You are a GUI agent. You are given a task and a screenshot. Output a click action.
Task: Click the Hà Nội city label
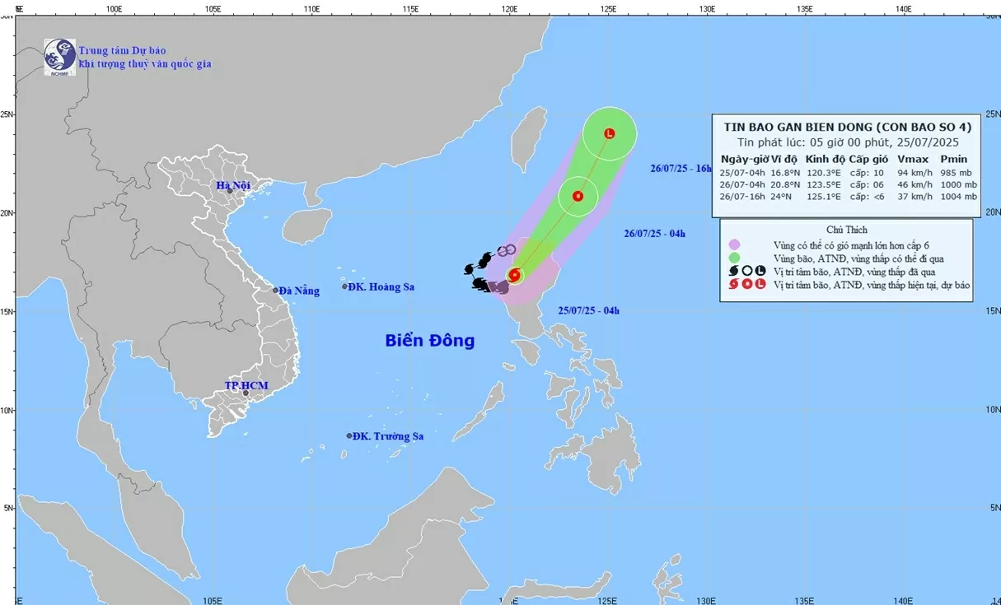pos(233,185)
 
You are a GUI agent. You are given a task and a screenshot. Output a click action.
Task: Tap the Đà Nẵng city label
pos(298,291)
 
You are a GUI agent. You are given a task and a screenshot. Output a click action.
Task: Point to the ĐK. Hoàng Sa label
pos(381,287)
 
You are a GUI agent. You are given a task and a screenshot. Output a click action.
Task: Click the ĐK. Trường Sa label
pos(387,436)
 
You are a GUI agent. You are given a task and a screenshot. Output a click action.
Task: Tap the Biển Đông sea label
pos(429,340)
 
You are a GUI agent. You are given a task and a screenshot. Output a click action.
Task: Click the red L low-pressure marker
pos(610,133)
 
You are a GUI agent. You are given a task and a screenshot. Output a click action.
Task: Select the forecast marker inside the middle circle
pos(578,196)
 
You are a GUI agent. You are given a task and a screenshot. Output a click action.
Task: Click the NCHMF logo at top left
pos(60,57)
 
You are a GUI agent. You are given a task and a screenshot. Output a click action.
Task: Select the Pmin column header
pos(954,159)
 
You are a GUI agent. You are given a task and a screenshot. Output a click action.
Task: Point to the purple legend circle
pos(734,244)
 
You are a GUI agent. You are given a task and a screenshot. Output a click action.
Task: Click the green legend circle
pos(734,258)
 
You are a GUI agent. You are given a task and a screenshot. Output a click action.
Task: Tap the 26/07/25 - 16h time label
pos(681,168)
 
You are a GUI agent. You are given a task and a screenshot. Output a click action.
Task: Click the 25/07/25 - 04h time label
pos(588,310)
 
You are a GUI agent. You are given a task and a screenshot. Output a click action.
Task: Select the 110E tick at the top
pos(311,8)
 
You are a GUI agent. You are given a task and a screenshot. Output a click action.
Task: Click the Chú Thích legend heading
pos(846,230)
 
